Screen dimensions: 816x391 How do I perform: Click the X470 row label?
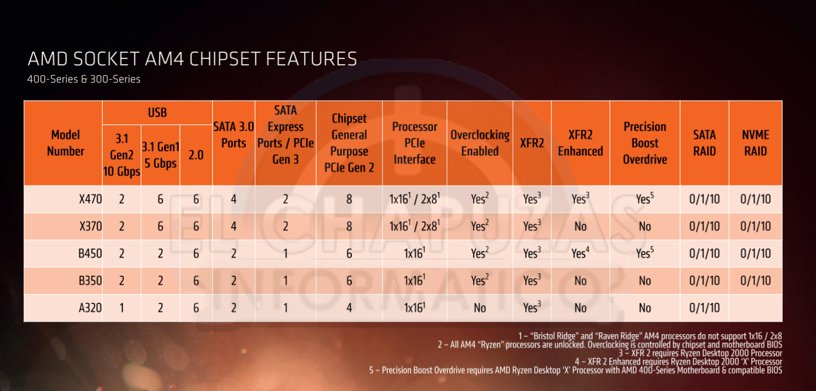90,199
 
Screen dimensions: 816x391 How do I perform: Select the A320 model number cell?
90,308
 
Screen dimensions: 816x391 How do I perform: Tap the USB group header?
157,113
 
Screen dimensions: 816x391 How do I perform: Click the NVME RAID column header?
756,143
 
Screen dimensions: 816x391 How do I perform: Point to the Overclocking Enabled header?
480,143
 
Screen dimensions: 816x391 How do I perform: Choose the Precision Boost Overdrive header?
645,143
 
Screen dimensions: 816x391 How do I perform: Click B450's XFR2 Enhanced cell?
580,253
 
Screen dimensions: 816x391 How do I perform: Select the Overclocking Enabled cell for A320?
480,308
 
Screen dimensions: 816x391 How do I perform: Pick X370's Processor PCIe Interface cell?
415,226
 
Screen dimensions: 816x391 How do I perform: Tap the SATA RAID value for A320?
704,308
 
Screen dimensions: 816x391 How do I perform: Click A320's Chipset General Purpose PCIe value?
349,308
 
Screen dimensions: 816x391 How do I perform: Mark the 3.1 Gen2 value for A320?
122,308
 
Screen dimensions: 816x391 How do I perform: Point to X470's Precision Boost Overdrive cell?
645,199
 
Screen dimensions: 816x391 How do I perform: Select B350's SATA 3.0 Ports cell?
233,280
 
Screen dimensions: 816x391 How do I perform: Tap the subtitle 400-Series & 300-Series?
84,79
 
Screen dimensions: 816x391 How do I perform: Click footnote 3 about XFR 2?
700,353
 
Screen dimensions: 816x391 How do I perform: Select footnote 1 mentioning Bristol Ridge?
650,336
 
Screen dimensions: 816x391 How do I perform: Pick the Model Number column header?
66,143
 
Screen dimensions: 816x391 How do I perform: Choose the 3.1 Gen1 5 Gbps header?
160,155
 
